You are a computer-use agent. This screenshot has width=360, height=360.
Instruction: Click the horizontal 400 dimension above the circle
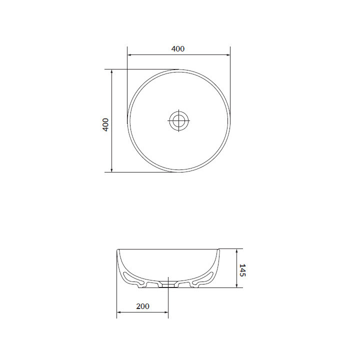pyautogui.click(x=178, y=55)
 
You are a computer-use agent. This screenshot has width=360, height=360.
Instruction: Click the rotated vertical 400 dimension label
pyautogui.click(x=105, y=124)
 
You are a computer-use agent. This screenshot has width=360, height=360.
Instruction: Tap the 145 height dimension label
pyautogui.click(x=242, y=270)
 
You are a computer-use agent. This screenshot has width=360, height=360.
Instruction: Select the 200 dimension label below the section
pyautogui.click(x=142, y=306)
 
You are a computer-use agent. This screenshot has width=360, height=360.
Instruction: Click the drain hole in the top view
pyautogui.click(x=179, y=120)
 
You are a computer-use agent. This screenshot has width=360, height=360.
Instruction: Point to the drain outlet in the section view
pyautogui.click(x=168, y=284)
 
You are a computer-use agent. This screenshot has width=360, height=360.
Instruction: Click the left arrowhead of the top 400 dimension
pyautogui.click(x=129, y=55)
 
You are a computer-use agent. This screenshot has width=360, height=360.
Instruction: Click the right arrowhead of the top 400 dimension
pyautogui.click(x=228, y=55)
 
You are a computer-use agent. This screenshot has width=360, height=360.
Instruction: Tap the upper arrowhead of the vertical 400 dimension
pyautogui.click(x=112, y=71)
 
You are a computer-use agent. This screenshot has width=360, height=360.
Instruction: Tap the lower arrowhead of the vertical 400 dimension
pyautogui.click(x=112, y=169)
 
